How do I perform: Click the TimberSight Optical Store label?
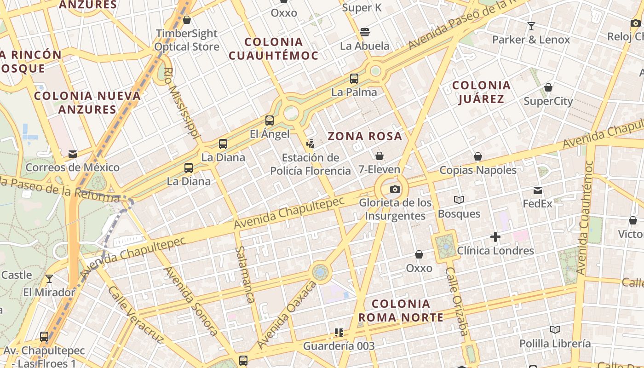(187, 40)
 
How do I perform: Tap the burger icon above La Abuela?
(365, 32)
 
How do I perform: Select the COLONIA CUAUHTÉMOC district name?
(274, 49)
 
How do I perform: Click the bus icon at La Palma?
(354, 78)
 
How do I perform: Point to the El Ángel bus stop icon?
(270, 121)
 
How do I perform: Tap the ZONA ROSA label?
(365, 136)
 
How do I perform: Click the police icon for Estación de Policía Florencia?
(310, 144)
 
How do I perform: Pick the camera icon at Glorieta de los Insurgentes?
(395, 189)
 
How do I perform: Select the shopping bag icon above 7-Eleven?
(379, 156)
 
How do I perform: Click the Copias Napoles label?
(478, 170)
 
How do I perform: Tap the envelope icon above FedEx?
(537, 190)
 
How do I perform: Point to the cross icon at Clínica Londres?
(495, 237)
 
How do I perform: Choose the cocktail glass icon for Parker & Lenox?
(531, 26)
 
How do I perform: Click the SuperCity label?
(548, 101)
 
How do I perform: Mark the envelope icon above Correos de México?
(72, 154)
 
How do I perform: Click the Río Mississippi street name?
(182, 103)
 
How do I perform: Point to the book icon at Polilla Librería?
(555, 329)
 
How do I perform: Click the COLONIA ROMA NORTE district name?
(401, 310)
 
